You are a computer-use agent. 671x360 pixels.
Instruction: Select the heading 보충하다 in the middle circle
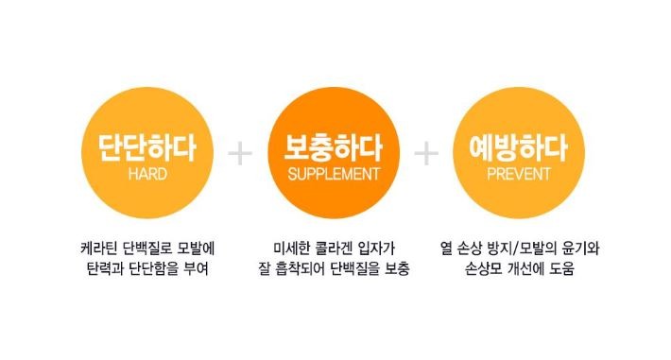(334, 148)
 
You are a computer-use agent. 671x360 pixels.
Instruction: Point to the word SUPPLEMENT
(334, 175)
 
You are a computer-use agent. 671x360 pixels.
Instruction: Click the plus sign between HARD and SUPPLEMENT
(241, 153)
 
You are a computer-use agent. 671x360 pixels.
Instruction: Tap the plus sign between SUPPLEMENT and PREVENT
(427, 153)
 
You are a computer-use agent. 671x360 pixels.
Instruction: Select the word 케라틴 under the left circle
(102, 249)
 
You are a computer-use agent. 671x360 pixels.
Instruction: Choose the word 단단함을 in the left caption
(151, 269)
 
